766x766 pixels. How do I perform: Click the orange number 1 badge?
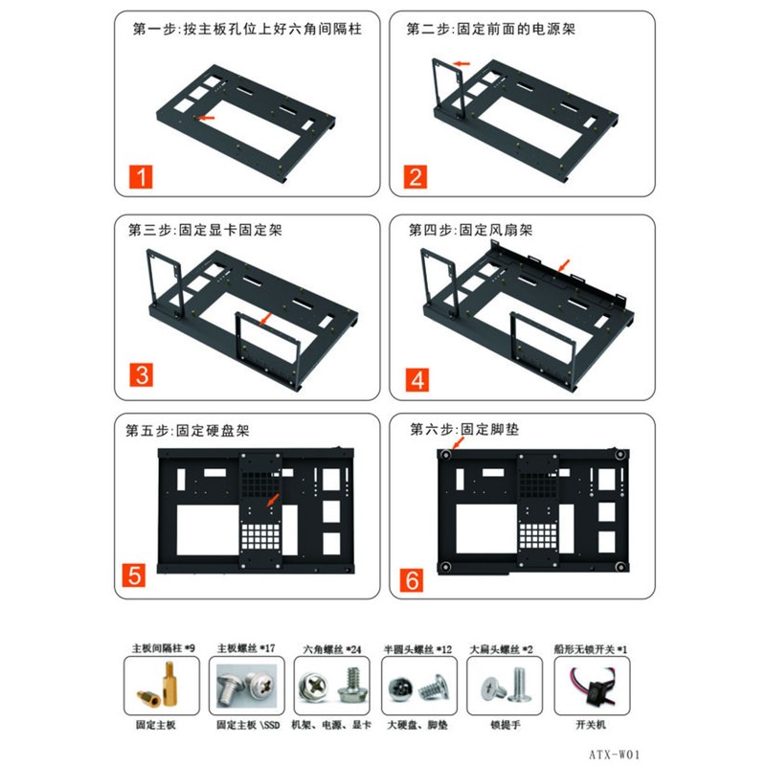pos(141,176)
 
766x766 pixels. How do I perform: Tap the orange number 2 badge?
pos(416,176)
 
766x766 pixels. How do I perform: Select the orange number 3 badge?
pos(141,374)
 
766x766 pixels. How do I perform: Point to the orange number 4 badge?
pos(417,379)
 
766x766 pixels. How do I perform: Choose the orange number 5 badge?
pos(134,575)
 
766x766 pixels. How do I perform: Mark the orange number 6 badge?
pos(412,580)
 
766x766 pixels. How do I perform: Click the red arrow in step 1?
pos(205,117)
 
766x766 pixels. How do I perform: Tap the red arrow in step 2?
pos(462,63)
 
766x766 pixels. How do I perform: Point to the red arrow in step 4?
pos(564,265)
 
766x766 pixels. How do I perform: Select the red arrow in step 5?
pos(273,500)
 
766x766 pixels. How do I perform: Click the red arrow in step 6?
pos(458,442)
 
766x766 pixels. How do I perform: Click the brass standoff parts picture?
pos(162,686)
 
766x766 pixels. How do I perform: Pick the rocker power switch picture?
pos(592,686)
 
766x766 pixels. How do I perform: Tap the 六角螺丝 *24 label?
pos(332,649)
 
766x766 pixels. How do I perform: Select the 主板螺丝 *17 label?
pos(246,648)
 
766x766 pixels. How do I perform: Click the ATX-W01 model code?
pos(614,755)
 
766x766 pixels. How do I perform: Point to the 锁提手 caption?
pos(506,725)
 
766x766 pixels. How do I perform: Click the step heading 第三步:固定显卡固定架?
pos(205,230)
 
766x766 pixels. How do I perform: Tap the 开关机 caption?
pos(591,724)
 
